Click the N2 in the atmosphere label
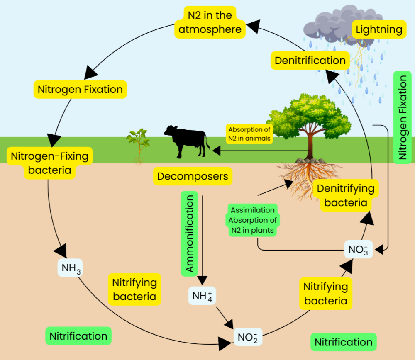pyautogui.click(x=210, y=22)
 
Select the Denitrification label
pyautogui.click(x=310, y=61)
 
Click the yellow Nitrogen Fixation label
pyautogui.click(x=80, y=89)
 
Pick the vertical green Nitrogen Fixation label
pyautogui.click(x=402, y=117)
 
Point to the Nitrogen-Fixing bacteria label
pyautogui.click(x=49, y=163)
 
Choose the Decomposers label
pyautogui.click(x=193, y=176)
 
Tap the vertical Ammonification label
pyautogui.click(x=189, y=234)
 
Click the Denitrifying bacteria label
pyautogui.click(x=345, y=195)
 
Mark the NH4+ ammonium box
pyautogui.click(x=202, y=296)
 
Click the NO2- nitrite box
pyautogui.click(x=248, y=337)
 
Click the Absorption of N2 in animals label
pyautogui.click(x=249, y=134)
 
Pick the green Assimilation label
pyautogui.click(x=252, y=210)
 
